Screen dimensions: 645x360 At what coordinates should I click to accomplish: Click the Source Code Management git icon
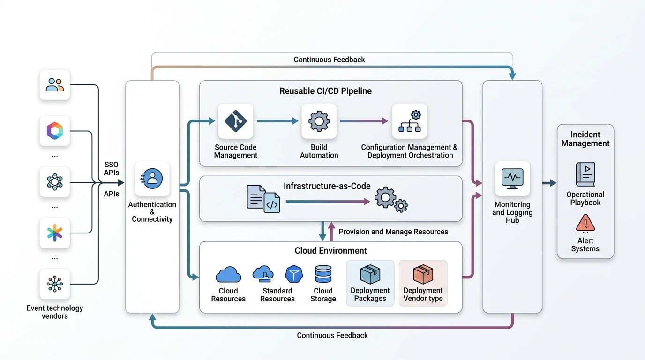(235, 121)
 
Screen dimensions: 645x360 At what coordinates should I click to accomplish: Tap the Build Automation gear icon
(319, 121)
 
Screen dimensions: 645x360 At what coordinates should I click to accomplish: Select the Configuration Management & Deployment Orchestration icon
(410, 121)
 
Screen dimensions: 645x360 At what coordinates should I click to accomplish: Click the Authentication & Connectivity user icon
(152, 179)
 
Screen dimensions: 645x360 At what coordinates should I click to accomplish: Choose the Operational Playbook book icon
(585, 174)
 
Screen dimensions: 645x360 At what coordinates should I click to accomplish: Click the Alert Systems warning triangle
(585, 223)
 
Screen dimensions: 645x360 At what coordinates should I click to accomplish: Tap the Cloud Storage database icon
(323, 274)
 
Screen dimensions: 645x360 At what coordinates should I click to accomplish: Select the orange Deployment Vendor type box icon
(423, 274)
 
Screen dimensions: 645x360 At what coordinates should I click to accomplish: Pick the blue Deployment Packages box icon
(370, 274)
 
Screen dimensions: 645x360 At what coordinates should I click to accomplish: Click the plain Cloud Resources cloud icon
(228, 274)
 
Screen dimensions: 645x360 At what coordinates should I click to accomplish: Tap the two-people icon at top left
(55, 85)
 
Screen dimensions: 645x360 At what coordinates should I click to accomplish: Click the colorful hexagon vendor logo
(55, 131)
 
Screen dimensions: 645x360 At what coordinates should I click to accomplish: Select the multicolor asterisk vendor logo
(55, 232)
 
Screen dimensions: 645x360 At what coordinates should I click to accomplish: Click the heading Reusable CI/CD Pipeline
(325, 91)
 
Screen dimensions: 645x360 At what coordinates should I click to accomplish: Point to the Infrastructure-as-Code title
(327, 186)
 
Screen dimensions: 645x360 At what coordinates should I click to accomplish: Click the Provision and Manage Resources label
(393, 232)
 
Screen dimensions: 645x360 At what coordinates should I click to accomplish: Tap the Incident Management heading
(585, 139)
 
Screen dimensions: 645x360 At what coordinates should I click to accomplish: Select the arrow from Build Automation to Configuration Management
(364, 121)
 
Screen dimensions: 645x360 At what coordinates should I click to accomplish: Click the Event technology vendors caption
(55, 312)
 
